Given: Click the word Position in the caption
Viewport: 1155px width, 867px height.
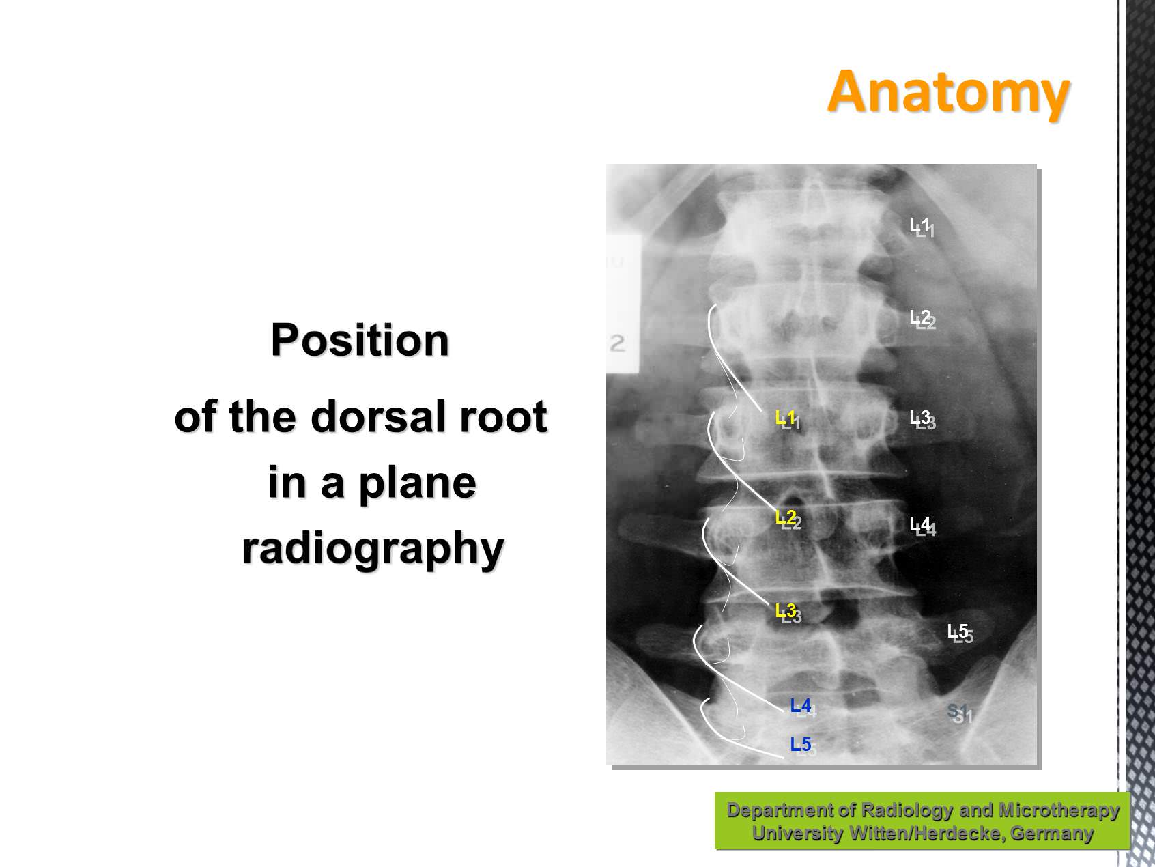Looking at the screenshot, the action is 360,339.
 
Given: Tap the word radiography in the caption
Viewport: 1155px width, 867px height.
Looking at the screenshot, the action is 373,548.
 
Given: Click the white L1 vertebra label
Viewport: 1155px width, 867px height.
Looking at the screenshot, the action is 920,225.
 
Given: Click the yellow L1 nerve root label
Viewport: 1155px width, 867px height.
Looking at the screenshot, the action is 786,418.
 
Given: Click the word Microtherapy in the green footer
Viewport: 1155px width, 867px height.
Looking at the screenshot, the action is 1059,810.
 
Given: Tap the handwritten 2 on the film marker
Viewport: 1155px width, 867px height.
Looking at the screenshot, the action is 617,343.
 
